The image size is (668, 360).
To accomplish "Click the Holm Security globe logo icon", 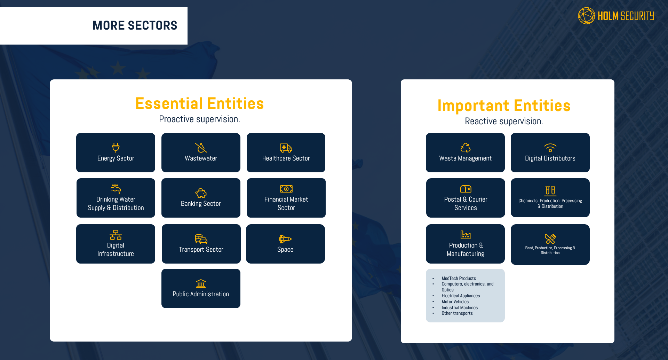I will (x=586, y=16).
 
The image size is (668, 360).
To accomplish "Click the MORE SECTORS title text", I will (x=135, y=25).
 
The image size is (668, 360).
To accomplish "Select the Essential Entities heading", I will (x=199, y=103).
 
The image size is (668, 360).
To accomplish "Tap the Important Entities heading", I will (x=504, y=105).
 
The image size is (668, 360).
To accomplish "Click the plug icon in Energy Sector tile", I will (x=116, y=147).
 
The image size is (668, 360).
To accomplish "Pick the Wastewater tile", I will (x=201, y=153).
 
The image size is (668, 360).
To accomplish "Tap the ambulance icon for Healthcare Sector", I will (x=286, y=148).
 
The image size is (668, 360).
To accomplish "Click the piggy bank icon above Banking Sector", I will (x=201, y=193).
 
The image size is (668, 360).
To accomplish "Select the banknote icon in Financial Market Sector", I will (x=286, y=189).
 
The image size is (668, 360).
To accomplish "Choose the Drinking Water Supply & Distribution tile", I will (x=116, y=198).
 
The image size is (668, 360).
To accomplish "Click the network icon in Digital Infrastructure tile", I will (x=116, y=235).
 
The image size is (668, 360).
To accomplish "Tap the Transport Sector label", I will (x=201, y=250).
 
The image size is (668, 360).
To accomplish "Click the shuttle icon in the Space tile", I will (x=285, y=239).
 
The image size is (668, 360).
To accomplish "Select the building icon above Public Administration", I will (x=201, y=283).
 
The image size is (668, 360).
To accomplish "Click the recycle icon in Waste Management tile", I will (x=465, y=148).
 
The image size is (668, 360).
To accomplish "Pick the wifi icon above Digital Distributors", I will (x=550, y=148).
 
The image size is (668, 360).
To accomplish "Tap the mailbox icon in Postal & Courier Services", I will (x=466, y=189).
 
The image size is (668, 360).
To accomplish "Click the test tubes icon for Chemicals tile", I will (x=550, y=190).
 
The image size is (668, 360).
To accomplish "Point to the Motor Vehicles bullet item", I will (x=455, y=302).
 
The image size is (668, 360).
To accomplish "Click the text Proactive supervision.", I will (x=199, y=119).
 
